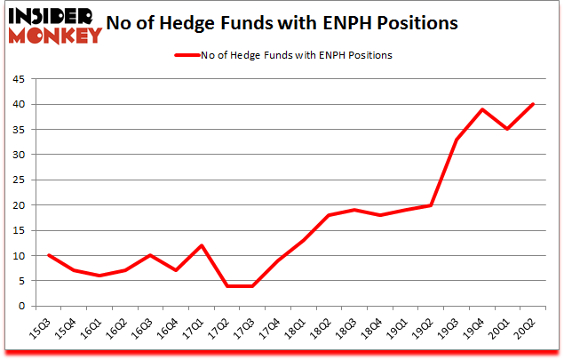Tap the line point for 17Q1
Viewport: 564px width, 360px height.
(x=203, y=245)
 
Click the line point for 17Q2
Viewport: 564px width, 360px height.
(x=228, y=285)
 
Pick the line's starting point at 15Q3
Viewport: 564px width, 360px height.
(x=49, y=255)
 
